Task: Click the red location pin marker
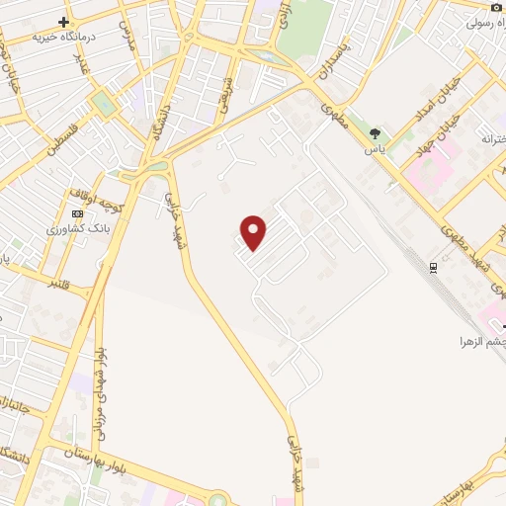[x=254, y=232]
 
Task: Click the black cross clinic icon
[x=64, y=21]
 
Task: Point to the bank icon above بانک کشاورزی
[x=77, y=213]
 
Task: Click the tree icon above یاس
[x=375, y=133]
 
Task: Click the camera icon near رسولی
[x=496, y=7]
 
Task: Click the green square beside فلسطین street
[x=103, y=103]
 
